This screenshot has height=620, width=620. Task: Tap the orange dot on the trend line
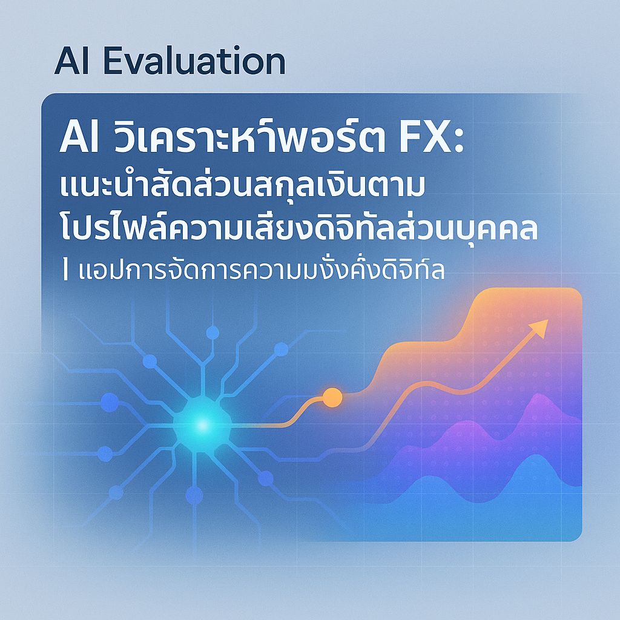point(332,397)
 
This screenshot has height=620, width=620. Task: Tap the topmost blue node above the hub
point(212,332)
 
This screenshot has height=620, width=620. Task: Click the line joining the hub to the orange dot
point(266,425)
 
